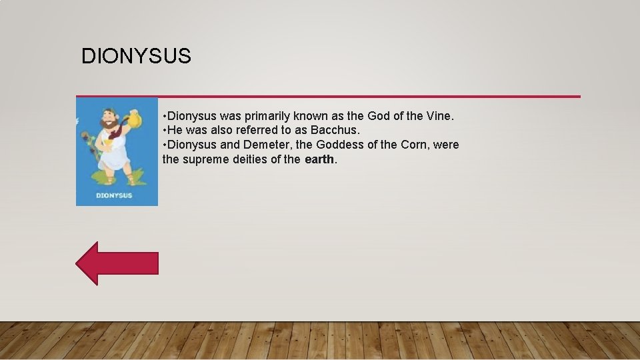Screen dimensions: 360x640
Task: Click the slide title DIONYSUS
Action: click(x=136, y=57)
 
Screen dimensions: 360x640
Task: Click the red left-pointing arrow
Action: click(x=117, y=263)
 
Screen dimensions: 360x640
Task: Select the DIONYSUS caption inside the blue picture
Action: click(x=114, y=195)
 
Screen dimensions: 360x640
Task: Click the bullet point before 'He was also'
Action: click(x=165, y=131)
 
